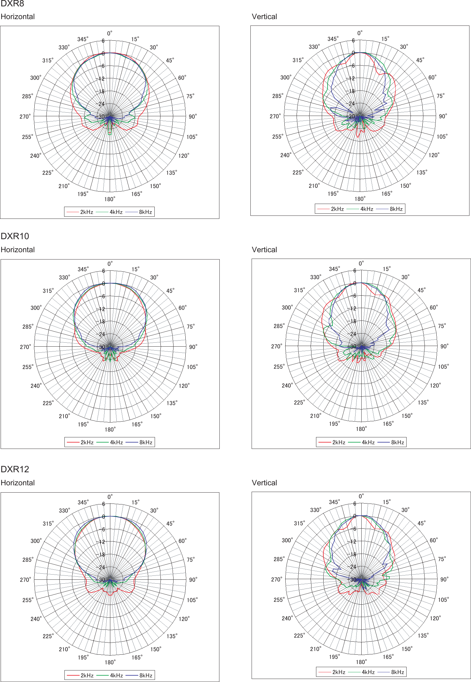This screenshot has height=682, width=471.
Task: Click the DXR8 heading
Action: (x=12, y=4)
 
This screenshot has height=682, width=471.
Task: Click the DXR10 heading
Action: (x=15, y=236)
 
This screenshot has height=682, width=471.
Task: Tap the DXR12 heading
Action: (x=15, y=469)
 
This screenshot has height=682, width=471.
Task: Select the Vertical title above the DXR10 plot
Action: (x=264, y=249)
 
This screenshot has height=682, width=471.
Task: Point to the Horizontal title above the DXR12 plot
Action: (x=18, y=483)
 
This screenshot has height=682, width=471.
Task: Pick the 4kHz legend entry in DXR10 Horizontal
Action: (x=110, y=442)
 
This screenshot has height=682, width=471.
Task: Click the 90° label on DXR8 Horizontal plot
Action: (x=193, y=117)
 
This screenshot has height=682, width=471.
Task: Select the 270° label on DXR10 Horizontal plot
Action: (x=25, y=347)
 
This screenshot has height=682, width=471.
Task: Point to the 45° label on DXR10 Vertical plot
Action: (x=421, y=290)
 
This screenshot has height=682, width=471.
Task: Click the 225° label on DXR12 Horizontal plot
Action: (x=48, y=636)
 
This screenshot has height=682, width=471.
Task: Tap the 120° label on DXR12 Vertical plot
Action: (x=435, y=618)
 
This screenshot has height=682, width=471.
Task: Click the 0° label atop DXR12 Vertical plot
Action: (x=361, y=496)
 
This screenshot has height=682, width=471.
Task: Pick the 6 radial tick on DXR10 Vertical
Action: (x=354, y=270)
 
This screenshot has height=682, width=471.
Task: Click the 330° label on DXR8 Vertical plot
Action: (x=314, y=47)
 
